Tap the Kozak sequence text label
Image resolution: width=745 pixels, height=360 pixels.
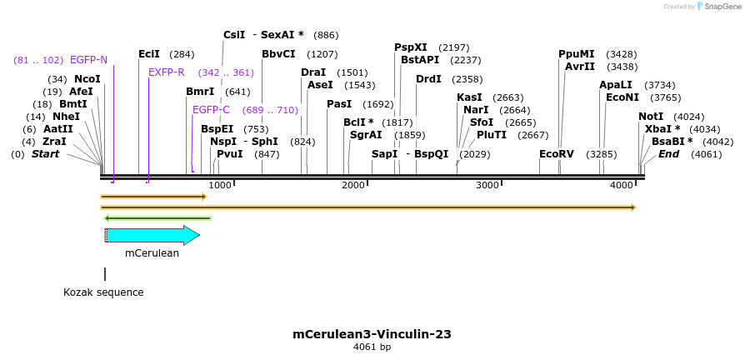point(103,292)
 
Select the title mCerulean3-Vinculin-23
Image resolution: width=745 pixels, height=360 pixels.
point(372,334)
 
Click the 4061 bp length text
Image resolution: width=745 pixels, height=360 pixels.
point(372,347)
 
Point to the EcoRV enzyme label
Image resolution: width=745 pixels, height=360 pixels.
point(557,154)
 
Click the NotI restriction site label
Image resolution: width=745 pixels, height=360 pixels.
point(651,117)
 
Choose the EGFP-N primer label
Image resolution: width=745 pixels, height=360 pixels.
point(88,60)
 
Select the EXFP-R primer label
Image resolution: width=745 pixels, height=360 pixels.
point(166,72)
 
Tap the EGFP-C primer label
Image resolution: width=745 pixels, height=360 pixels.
point(211,110)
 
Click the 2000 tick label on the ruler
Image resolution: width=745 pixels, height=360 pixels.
point(353,185)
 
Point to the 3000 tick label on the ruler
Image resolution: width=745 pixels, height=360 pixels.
point(487,185)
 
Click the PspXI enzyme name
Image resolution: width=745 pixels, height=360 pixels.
point(411,47)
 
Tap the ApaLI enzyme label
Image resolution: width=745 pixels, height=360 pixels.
point(615,85)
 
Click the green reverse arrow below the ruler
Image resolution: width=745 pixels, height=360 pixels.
point(157,218)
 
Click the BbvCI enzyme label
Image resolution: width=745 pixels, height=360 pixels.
point(278,54)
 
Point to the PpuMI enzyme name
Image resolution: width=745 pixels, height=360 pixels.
point(577,54)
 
